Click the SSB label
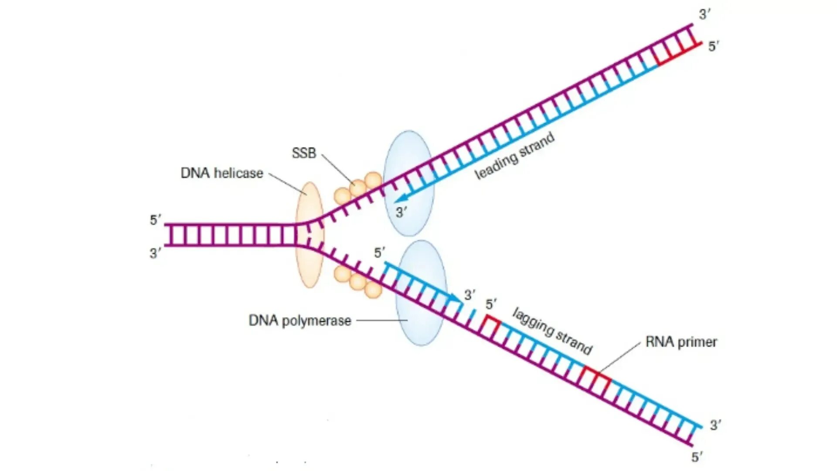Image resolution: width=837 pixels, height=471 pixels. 303,153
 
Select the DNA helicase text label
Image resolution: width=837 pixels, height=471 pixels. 221,173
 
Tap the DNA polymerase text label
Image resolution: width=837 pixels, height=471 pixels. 299,321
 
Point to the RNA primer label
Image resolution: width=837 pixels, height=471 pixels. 681,342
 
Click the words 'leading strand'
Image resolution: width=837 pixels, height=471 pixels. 514,156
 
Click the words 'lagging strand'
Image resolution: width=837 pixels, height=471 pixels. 552,331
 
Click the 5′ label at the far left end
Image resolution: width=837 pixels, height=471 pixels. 155,220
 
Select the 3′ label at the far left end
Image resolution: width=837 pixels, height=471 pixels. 155,253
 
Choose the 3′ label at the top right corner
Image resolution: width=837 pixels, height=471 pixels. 704,14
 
